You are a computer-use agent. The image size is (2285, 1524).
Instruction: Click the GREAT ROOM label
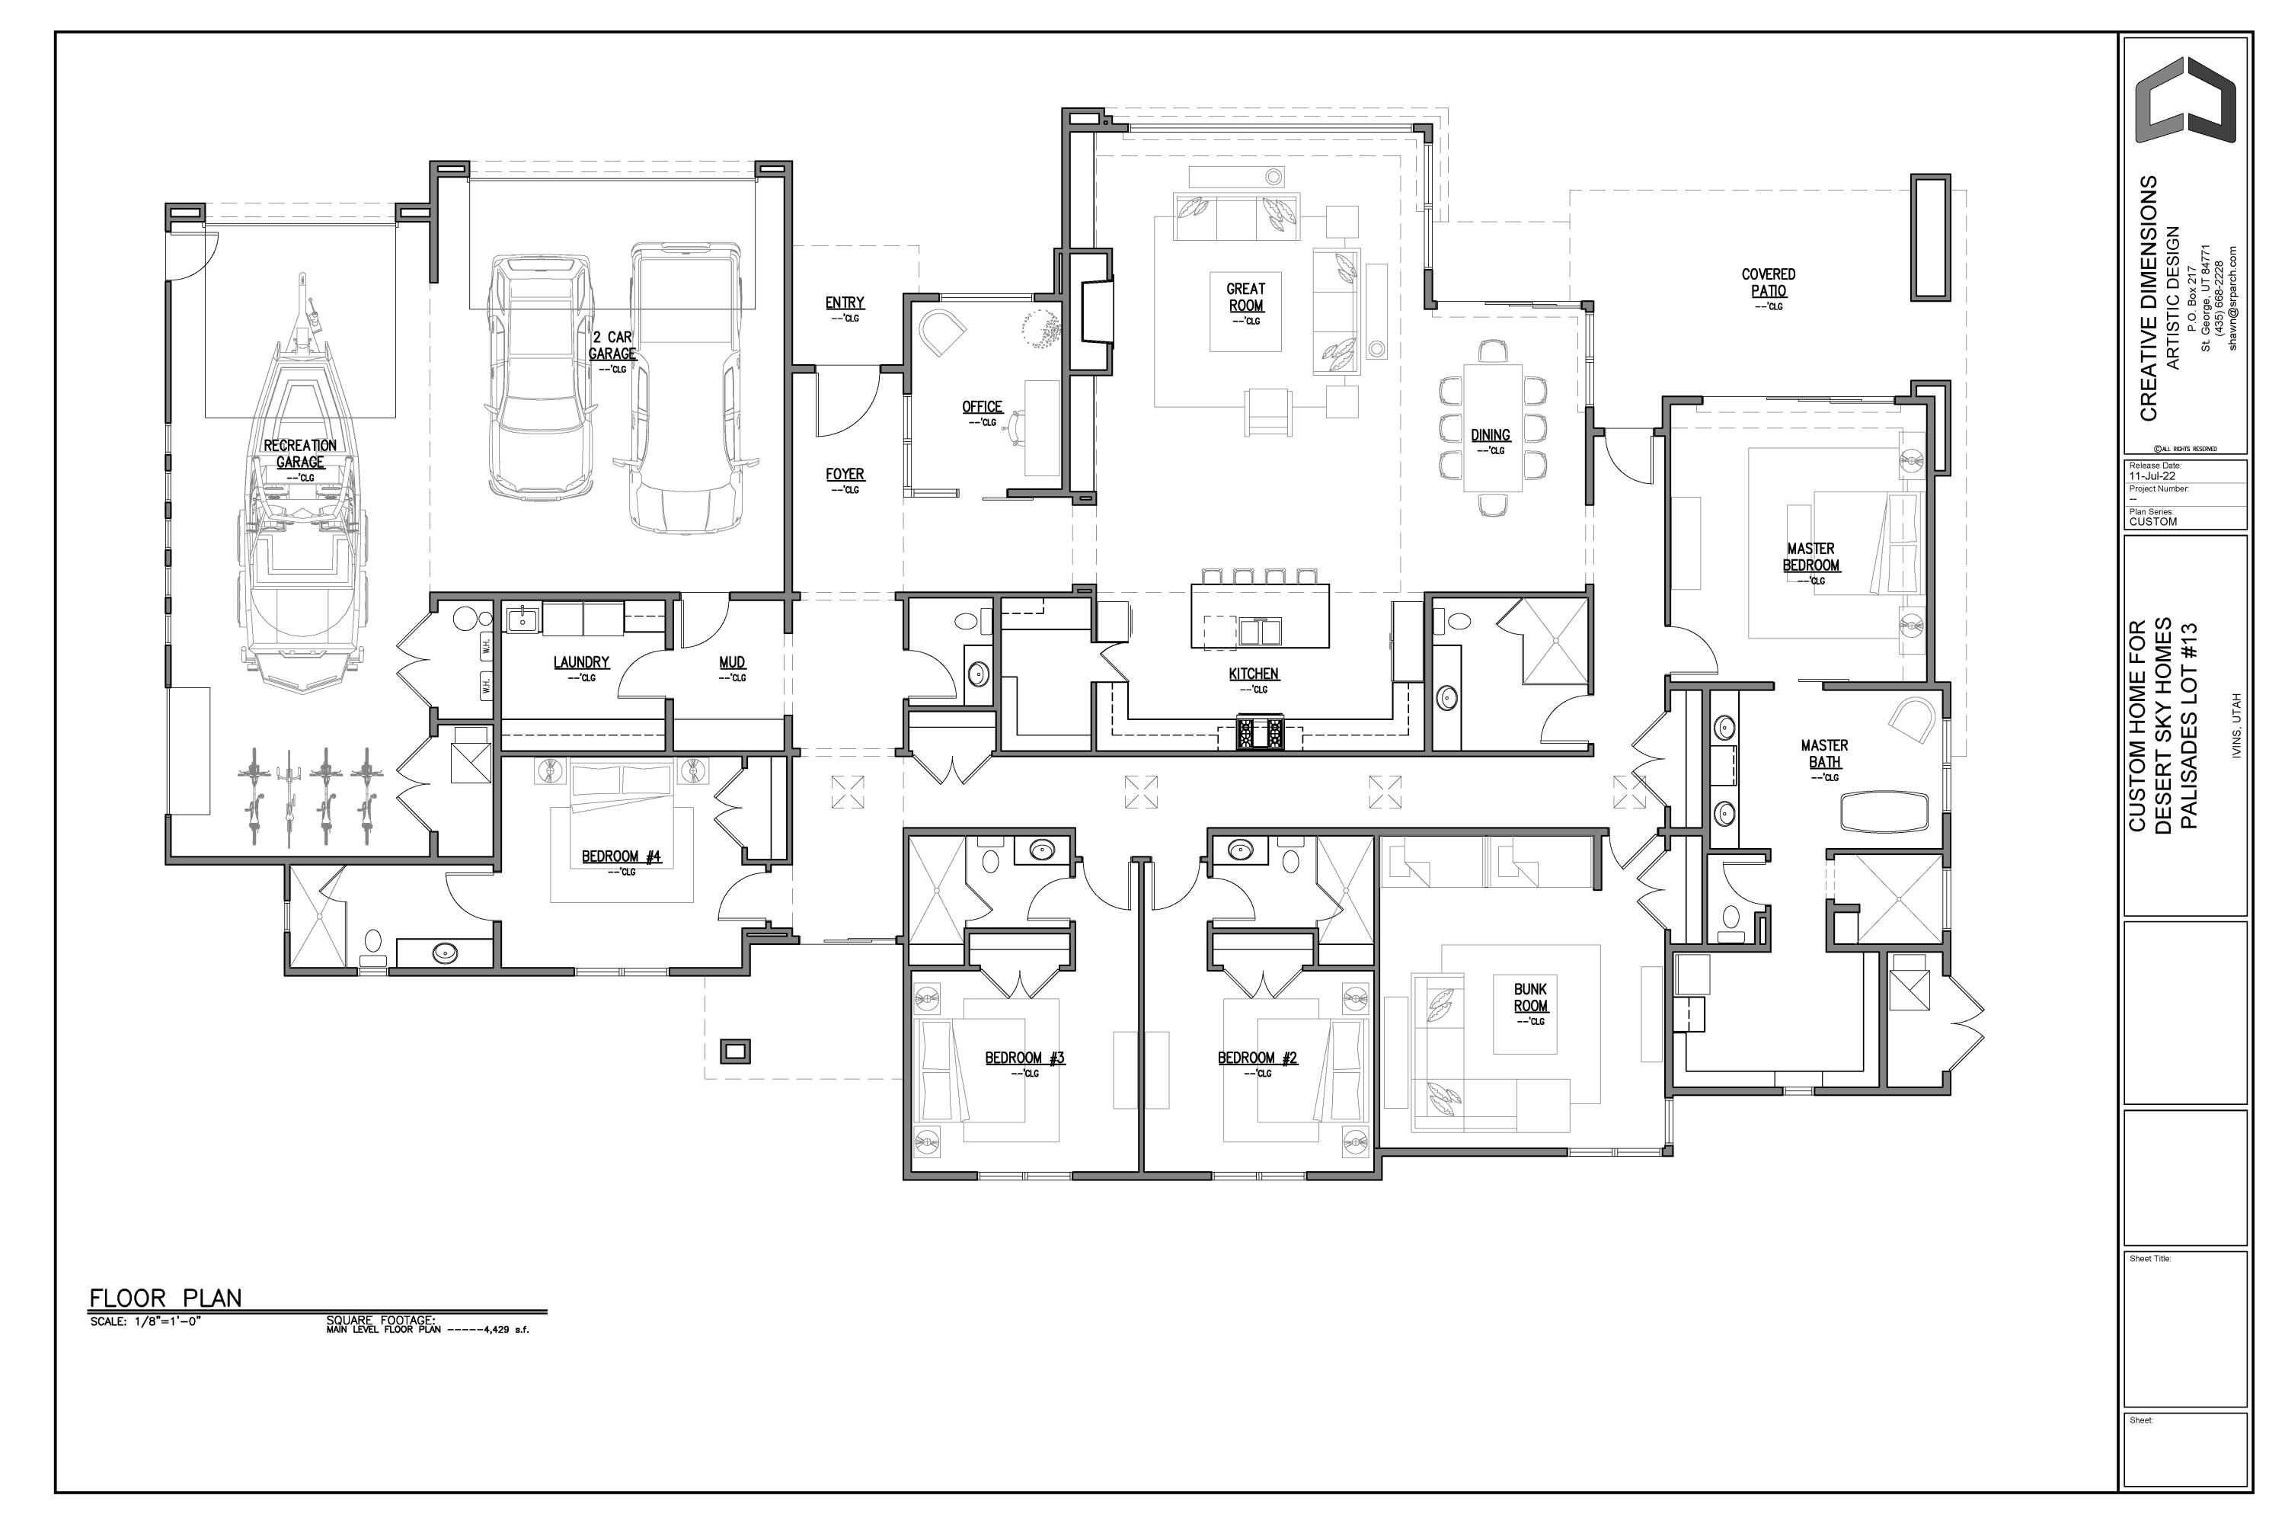click(1245, 297)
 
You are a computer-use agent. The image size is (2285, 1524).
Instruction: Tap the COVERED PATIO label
click(1768, 283)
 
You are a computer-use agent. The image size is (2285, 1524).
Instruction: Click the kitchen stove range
click(1260, 732)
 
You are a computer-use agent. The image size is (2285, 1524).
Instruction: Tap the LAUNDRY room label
click(581, 663)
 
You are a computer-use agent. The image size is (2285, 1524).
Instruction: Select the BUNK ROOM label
click(1530, 997)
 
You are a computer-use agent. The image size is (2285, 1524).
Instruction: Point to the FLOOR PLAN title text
click(165, 1298)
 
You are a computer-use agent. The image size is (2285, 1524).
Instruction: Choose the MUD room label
click(731, 663)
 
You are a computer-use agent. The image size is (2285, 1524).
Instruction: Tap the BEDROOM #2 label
click(1258, 1058)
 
